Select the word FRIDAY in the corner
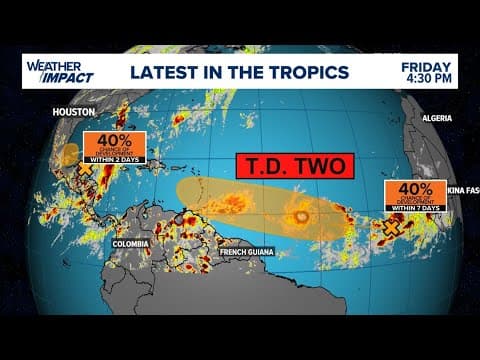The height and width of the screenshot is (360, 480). point(426,65)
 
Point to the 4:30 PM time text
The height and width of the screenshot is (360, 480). point(427,80)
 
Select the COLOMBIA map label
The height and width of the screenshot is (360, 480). point(131,243)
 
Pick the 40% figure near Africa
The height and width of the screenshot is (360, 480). point(413,190)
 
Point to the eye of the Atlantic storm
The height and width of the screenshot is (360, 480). point(298,216)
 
